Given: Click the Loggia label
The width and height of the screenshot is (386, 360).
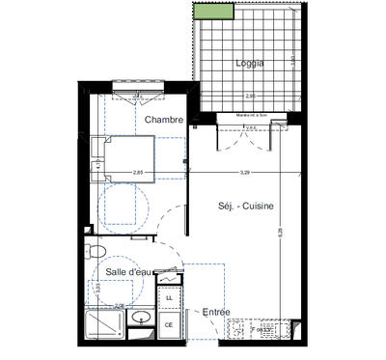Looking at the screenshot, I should (x=249, y=64).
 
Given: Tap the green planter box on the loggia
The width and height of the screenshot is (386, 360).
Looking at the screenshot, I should (x=213, y=12).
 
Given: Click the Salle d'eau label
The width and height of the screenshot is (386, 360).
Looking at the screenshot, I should (x=128, y=274).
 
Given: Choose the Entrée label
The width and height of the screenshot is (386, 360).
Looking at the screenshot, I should (x=215, y=312).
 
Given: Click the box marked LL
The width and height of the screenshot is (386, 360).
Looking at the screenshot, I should (x=170, y=299).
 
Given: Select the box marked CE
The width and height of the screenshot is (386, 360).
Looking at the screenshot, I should (x=169, y=325).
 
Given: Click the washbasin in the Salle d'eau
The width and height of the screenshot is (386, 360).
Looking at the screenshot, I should (x=142, y=318).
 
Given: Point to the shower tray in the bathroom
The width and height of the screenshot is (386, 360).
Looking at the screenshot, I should (x=104, y=324).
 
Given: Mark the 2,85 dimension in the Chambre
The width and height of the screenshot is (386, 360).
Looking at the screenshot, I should (x=138, y=173).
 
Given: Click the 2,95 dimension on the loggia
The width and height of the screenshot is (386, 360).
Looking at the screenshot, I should (x=249, y=97).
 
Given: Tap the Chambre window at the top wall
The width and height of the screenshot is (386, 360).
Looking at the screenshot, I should (x=139, y=94).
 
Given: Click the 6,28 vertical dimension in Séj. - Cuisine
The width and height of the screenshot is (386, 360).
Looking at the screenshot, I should (x=281, y=232).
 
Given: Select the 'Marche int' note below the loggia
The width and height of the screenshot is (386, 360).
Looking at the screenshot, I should (x=249, y=115).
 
